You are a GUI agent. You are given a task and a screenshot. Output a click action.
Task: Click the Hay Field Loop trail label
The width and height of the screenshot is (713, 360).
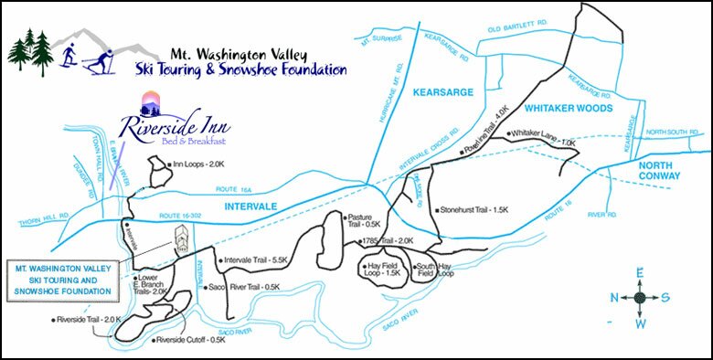tap(382, 267)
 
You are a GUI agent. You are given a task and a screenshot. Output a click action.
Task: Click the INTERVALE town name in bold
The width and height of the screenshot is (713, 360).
tap(250, 206)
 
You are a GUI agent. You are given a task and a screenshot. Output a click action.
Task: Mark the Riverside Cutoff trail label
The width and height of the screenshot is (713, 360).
tap(190, 341)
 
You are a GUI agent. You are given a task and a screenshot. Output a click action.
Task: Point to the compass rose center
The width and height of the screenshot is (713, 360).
tap(640, 297)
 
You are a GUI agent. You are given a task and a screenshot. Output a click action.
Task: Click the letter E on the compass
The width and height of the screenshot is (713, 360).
tap(640, 271)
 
